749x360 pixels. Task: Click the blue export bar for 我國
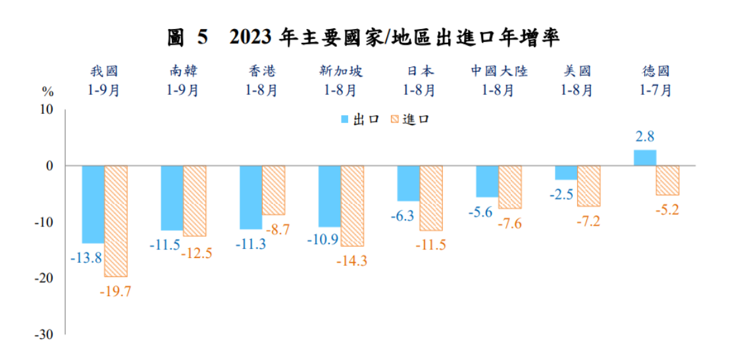click(x=93, y=205)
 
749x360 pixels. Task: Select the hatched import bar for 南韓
click(x=195, y=201)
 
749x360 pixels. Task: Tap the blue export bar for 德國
click(x=644, y=158)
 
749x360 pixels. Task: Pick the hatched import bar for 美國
click(x=588, y=186)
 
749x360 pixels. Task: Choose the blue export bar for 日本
click(x=408, y=184)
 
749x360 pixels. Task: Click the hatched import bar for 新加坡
click(x=352, y=206)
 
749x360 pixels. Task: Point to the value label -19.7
click(x=115, y=291)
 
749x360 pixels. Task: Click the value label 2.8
click(x=644, y=137)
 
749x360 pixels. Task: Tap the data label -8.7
click(x=276, y=229)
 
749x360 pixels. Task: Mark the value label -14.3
click(x=351, y=261)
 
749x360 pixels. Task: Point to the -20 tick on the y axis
click(x=44, y=278)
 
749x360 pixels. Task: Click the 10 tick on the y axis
click(x=46, y=109)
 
